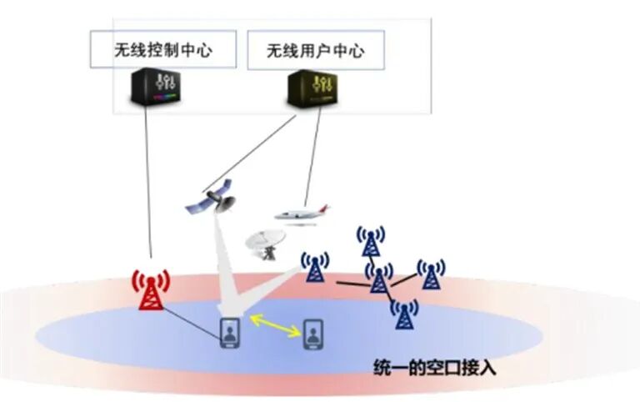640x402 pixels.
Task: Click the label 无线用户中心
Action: [315, 51]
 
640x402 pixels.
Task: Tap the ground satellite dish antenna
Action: [265, 243]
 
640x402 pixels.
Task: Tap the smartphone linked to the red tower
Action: [230, 332]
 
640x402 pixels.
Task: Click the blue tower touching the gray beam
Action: [314, 266]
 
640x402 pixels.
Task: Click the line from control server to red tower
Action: [148, 183]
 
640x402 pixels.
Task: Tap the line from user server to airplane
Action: [311, 158]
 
